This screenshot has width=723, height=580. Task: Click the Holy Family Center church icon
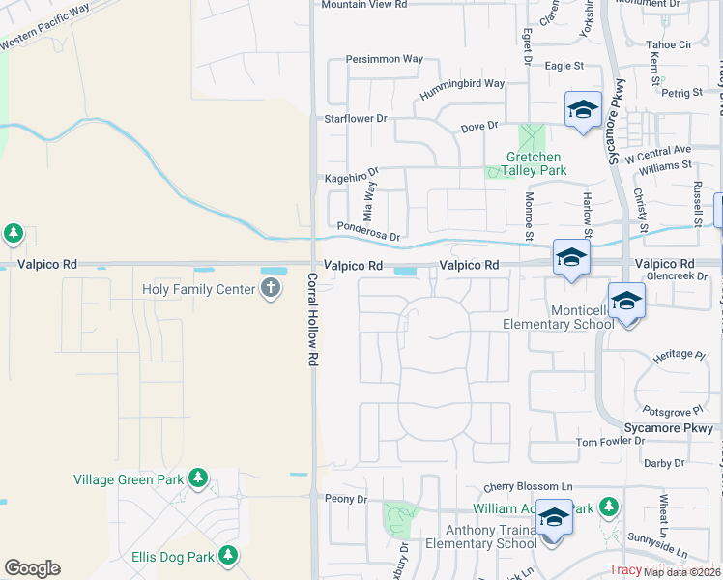coord(270,288)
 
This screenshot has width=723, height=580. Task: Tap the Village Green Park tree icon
coord(198,478)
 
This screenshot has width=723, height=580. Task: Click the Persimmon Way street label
coord(385,59)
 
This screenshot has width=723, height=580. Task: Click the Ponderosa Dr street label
coord(368,231)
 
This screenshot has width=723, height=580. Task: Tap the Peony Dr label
coord(347,499)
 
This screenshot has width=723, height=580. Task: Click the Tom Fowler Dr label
coord(610,442)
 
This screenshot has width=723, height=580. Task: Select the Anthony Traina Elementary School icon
coord(554,519)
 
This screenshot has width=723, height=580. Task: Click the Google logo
coord(32,568)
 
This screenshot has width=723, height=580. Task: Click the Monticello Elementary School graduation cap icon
coord(626,302)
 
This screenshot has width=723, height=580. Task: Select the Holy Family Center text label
coord(198,288)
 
